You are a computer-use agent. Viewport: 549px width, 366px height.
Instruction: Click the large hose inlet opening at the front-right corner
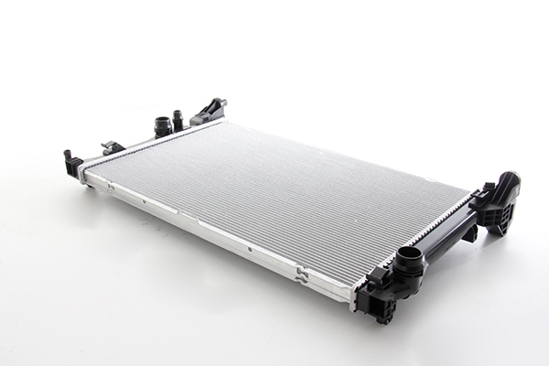click(x=410, y=256)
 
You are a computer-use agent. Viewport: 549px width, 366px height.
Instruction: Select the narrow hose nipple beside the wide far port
click(x=178, y=118)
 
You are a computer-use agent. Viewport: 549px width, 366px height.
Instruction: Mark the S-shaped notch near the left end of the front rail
click(x=111, y=187)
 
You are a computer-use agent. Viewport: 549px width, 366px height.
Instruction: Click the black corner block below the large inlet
click(x=379, y=298)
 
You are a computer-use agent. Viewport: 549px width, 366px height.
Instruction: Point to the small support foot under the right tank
click(x=469, y=233)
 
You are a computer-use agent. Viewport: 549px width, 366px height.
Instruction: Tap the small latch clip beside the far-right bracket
click(x=479, y=195)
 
